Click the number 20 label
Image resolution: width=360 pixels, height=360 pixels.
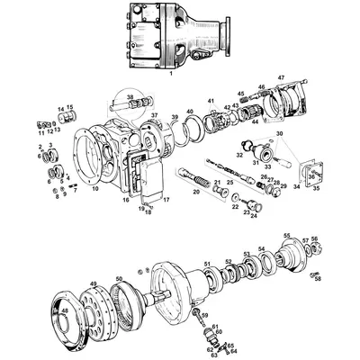196,193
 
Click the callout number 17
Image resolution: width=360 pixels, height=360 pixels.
165,199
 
